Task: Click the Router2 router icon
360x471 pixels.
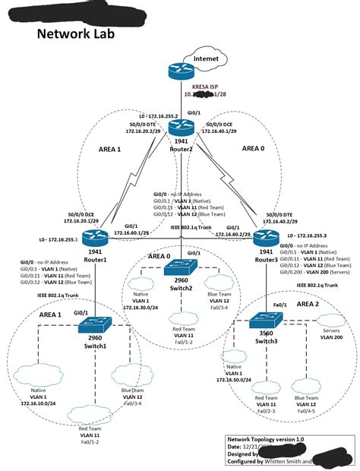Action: pos(180,128)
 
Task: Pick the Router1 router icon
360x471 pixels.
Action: pos(98,238)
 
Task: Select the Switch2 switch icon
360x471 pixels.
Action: pos(180,268)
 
